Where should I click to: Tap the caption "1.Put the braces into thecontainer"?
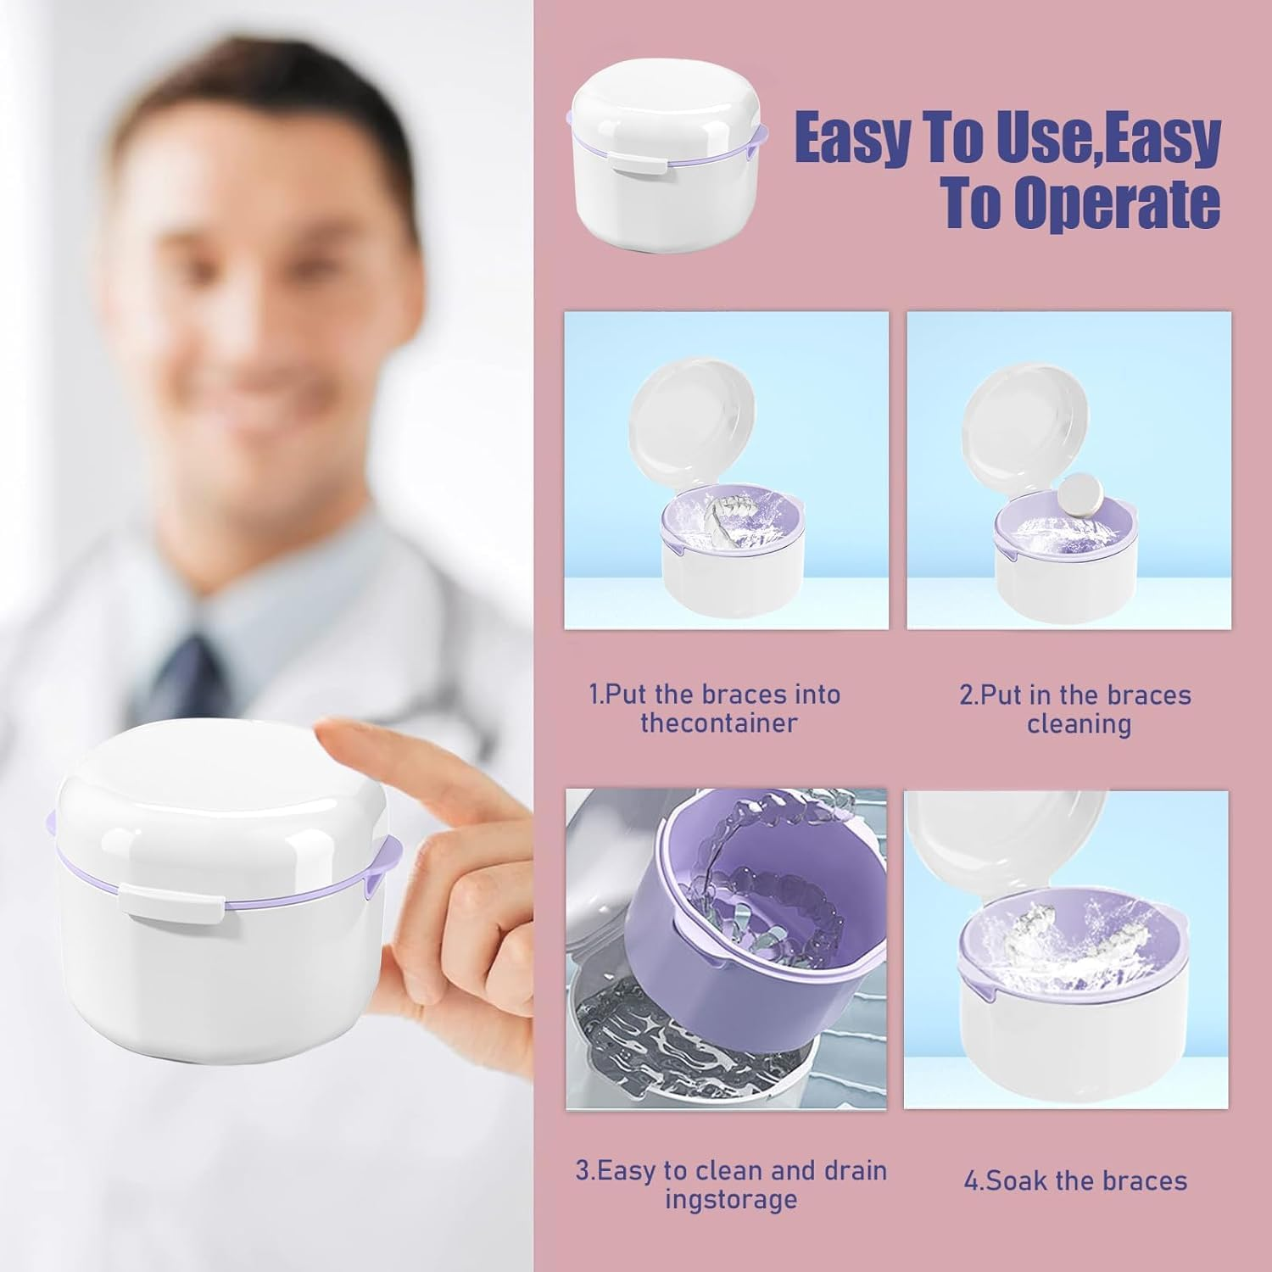click(x=714, y=709)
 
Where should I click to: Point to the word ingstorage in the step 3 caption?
click(x=730, y=1199)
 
